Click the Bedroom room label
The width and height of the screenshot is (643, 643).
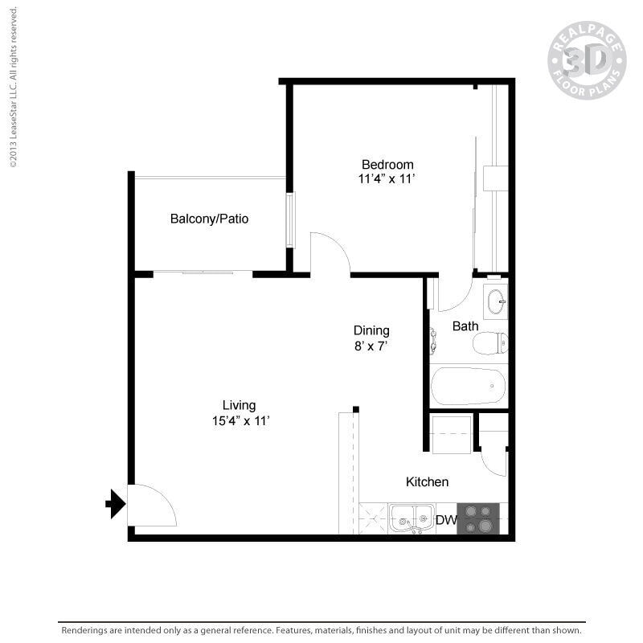[x=387, y=165]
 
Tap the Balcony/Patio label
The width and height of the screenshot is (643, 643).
[x=209, y=219]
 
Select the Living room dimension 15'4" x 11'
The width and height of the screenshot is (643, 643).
[x=240, y=420]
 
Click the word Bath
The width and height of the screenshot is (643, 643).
[x=465, y=326]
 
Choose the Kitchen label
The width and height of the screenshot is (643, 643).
[x=427, y=482]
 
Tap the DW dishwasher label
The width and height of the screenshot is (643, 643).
[x=446, y=520]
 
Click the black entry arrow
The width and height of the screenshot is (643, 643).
[x=116, y=505]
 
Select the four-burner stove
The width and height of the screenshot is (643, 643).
[x=478, y=518]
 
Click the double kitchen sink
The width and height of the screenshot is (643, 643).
[x=412, y=518]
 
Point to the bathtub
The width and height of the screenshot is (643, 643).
[x=469, y=387]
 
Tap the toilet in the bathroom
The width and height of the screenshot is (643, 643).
[x=489, y=343]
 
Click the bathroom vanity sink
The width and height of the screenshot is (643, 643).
[x=495, y=301]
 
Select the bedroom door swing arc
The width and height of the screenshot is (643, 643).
[x=330, y=252]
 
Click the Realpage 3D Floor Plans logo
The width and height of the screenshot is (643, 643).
[x=586, y=60]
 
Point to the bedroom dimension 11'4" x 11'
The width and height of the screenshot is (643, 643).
[x=387, y=179]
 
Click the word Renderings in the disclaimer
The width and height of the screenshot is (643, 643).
[x=88, y=631]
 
